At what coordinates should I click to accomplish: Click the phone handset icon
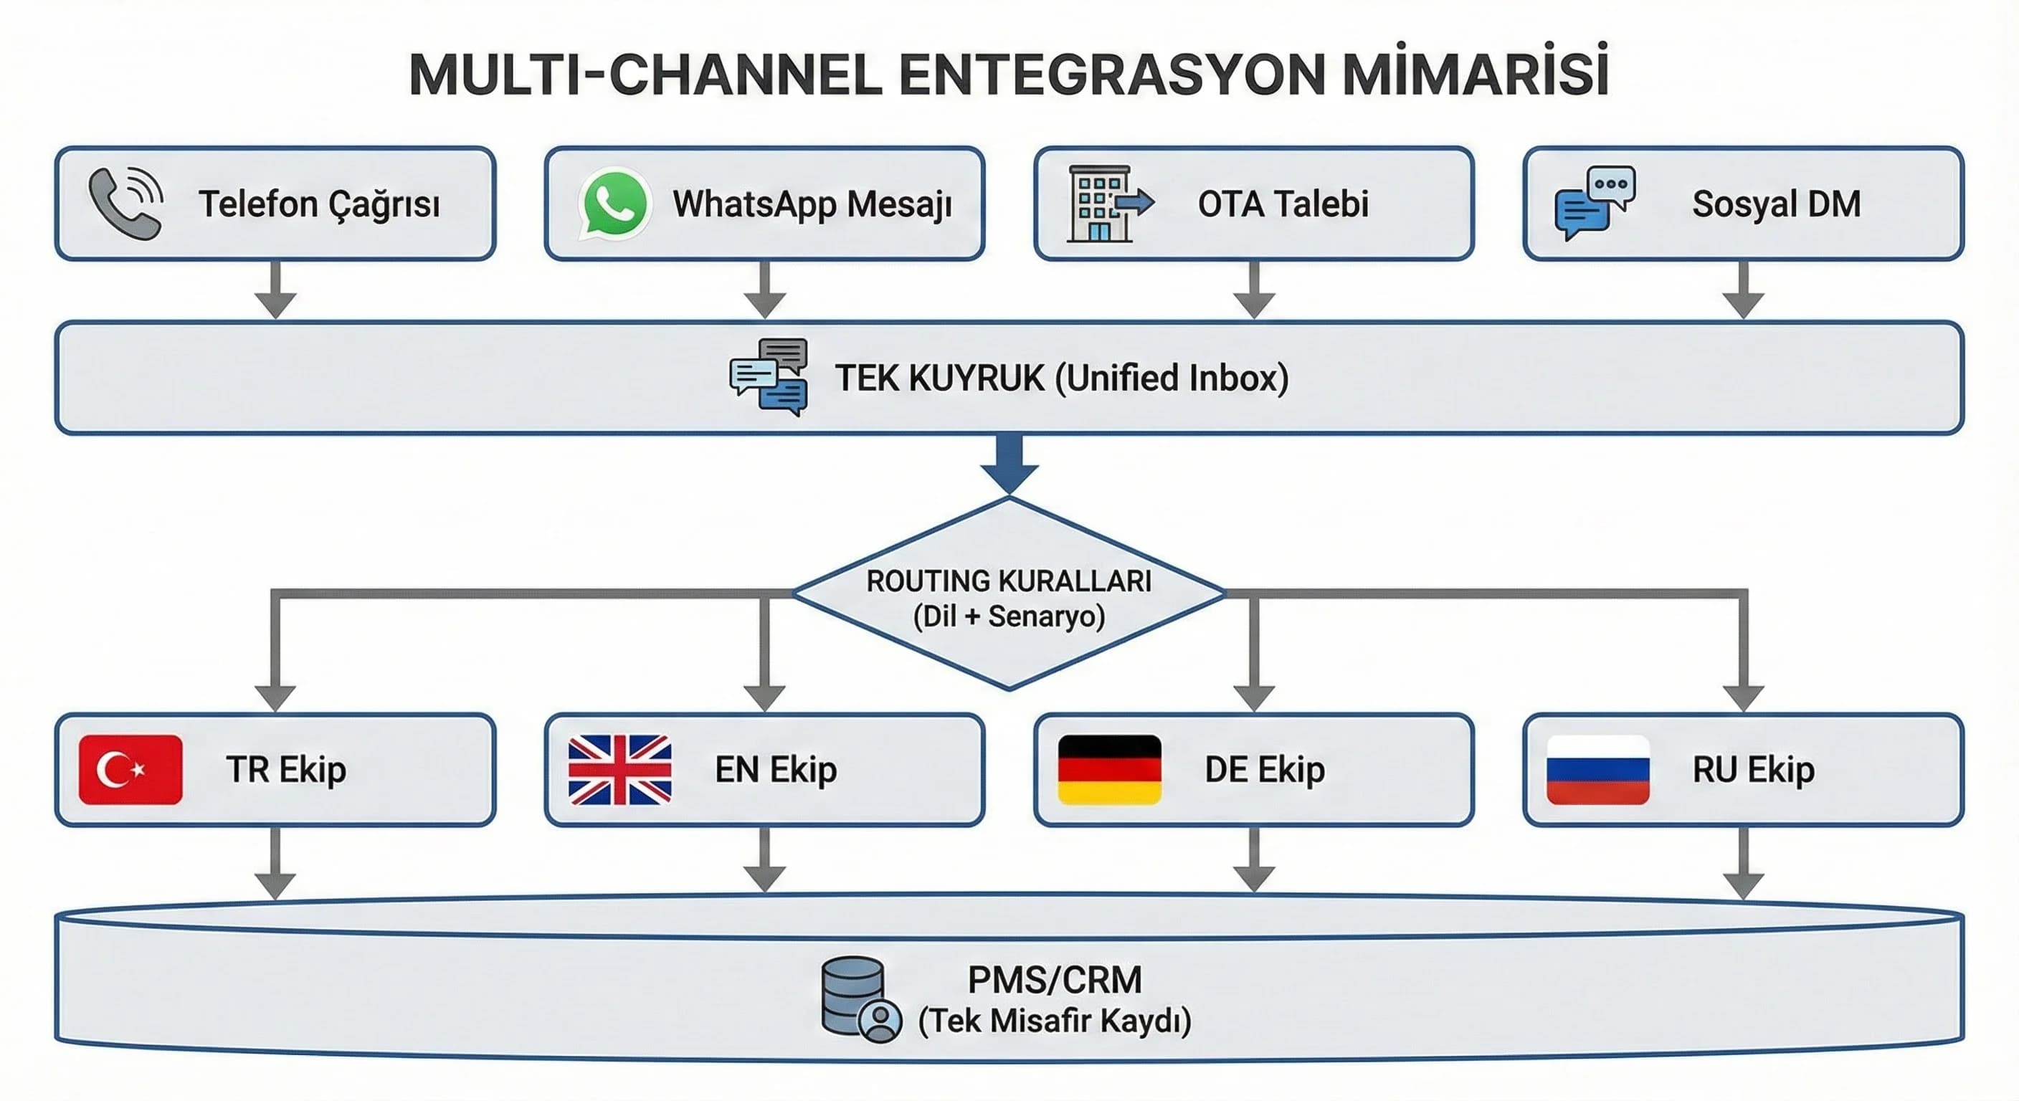coord(125,204)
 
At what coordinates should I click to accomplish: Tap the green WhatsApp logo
coord(614,204)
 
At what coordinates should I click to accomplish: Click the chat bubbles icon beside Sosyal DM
coord(1595,202)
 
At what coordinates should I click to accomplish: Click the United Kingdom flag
coord(620,770)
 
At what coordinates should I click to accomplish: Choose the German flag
coord(1109,770)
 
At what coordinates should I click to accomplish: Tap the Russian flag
coord(1598,770)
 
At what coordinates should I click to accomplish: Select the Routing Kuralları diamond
coord(1009,596)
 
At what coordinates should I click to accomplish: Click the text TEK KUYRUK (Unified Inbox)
coord(1061,378)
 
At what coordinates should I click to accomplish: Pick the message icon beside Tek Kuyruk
coord(769,377)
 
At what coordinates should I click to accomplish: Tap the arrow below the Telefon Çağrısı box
coord(276,290)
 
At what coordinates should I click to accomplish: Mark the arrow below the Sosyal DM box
coord(1743,290)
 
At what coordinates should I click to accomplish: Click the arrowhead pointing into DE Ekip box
coord(1254,696)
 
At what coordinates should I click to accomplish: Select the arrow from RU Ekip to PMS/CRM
coord(1743,862)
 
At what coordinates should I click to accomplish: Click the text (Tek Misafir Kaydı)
coord(1054,1021)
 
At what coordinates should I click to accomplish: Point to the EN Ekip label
coord(776,770)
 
